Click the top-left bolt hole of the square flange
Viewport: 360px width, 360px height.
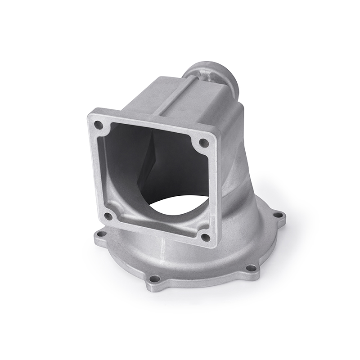98,125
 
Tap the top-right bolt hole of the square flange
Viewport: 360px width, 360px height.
203,143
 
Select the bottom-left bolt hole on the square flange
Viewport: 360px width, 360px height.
108,216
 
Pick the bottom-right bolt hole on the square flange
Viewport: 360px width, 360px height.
205,237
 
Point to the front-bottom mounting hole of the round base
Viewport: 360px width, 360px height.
154,279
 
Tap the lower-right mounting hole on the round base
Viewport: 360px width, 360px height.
252,268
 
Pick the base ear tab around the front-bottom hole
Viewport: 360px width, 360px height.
154,281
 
